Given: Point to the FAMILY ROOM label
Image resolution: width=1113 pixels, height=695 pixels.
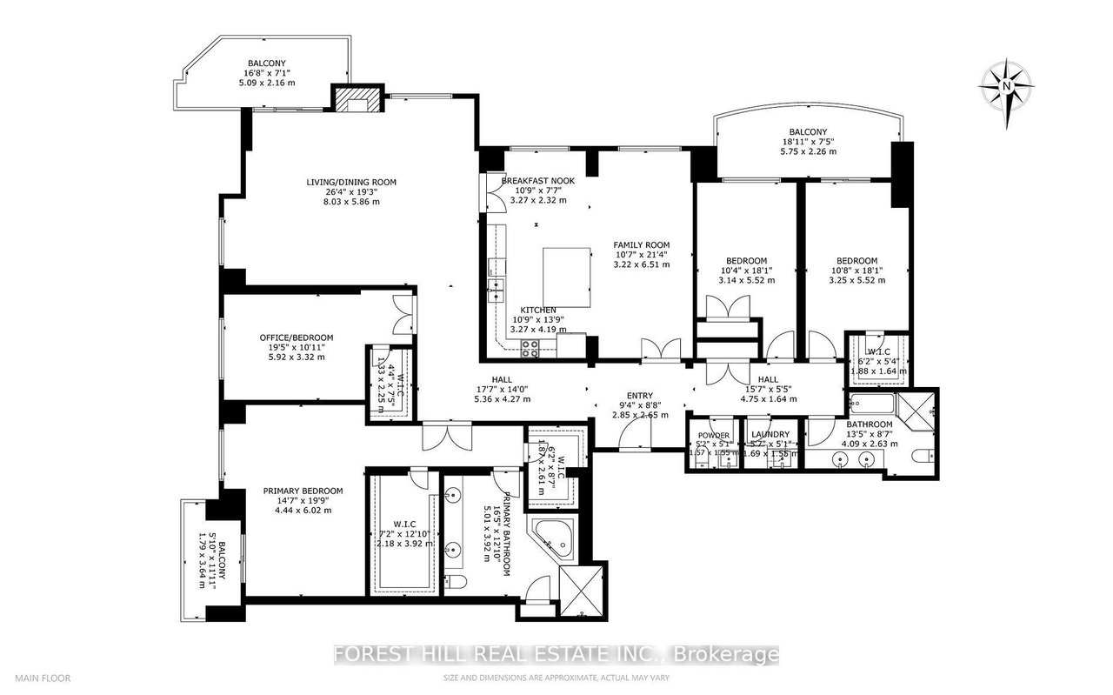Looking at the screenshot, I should (x=641, y=245).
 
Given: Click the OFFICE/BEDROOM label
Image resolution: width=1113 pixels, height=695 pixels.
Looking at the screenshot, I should (x=297, y=337).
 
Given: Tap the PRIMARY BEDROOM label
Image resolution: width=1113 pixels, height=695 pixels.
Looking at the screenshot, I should (x=303, y=491).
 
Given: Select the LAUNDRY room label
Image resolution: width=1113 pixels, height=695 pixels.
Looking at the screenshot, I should (x=770, y=435).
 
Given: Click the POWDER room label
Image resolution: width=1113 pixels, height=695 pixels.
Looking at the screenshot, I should (x=712, y=435).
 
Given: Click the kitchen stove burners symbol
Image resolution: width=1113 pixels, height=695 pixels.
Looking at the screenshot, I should (x=530, y=348).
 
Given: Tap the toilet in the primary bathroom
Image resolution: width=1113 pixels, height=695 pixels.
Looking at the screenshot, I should (x=457, y=581).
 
